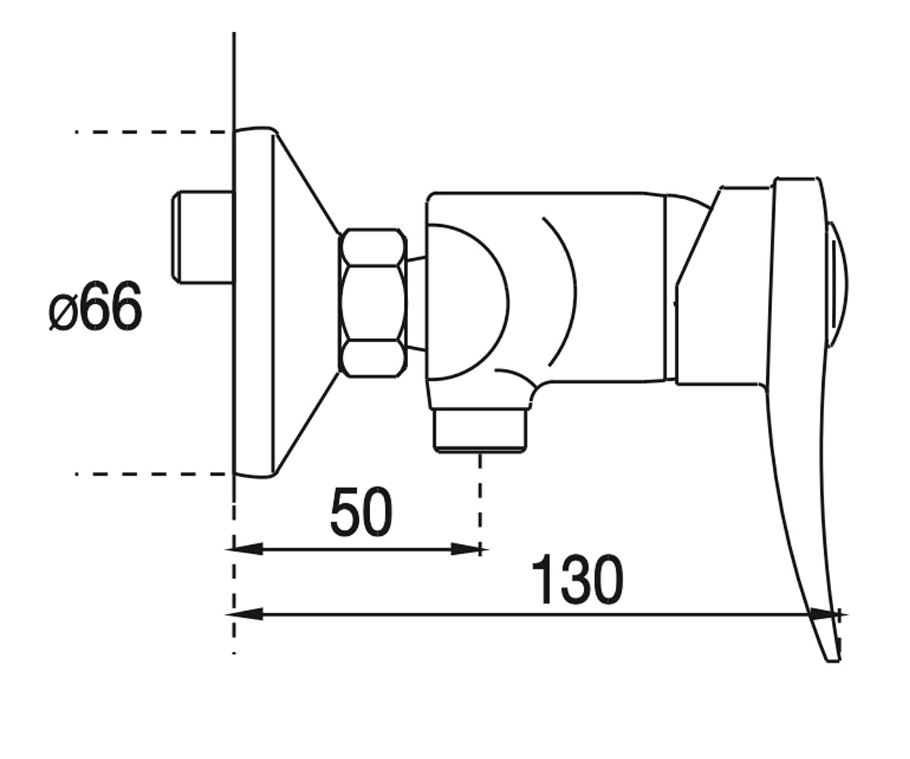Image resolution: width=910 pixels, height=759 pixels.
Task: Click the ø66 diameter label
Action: [x=96, y=306]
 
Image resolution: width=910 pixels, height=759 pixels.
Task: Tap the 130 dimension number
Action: [x=577, y=579]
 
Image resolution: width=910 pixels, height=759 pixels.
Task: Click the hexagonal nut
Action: [x=373, y=303]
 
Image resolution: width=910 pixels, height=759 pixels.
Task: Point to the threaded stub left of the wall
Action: [x=202, y=237]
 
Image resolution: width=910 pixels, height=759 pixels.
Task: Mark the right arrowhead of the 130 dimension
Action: [x=824, y=615]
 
